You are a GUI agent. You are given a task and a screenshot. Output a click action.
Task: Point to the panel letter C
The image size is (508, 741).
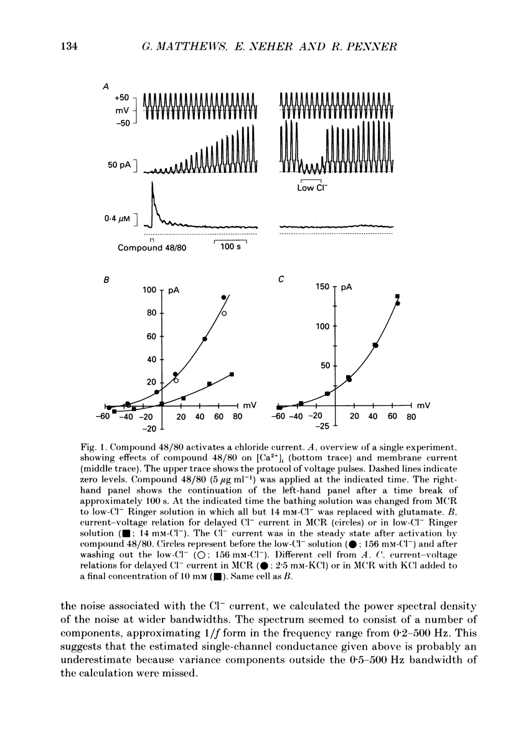tap(281, 281)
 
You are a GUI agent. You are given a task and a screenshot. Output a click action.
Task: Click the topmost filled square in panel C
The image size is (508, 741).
tap(398, 296)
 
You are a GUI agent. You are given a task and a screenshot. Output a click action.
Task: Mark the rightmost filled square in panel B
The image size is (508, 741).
tap(232, 374)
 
